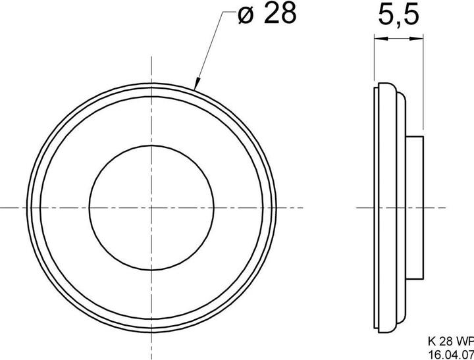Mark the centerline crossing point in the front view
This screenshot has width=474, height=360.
pos(152,207)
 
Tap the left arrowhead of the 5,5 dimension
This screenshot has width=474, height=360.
pos(378,39)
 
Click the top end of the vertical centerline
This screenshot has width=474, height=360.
pos(152,58)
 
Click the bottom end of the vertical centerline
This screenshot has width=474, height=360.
pos(152,355)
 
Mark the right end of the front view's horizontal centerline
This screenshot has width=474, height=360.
pos(303,207)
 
